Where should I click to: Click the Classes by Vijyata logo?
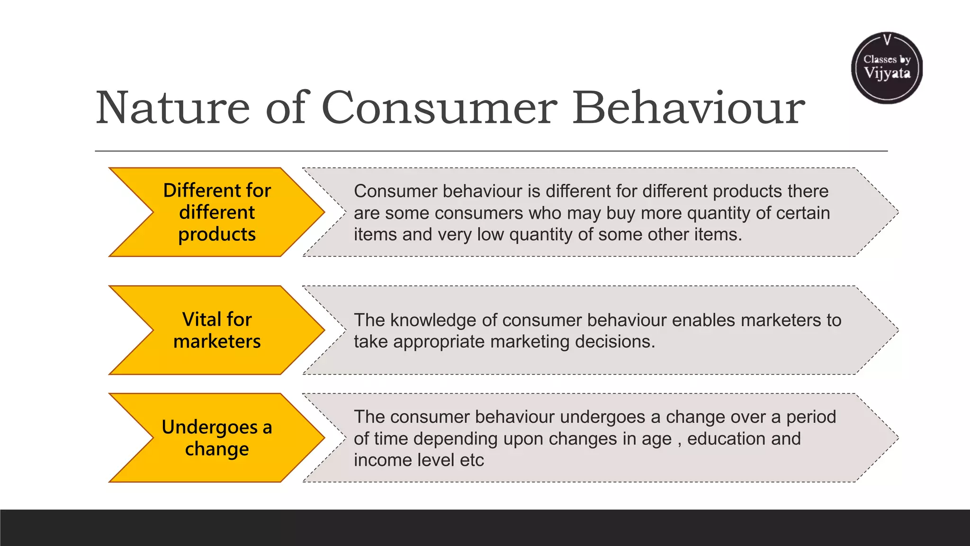coord(887,68)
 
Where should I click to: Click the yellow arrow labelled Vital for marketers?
coord(217,330)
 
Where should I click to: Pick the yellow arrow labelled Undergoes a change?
coord(217,438)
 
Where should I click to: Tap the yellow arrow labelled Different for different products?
coord(217,212)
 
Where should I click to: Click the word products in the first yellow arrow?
coord(217,235)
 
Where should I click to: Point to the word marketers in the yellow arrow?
coord(217,342)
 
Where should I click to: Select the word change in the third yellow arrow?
coord(217,449)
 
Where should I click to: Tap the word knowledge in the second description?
coord(433,320)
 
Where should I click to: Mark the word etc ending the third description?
coord(472,460)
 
